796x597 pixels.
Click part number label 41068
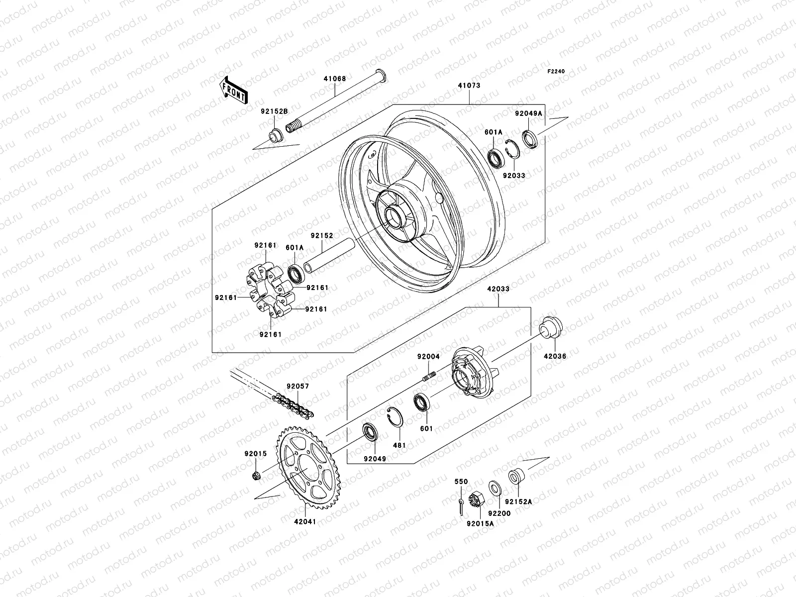335,79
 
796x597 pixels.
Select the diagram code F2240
557,72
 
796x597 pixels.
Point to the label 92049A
528,113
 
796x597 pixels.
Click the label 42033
498,289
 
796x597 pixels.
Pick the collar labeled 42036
551,329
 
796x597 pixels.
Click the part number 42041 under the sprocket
305,521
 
